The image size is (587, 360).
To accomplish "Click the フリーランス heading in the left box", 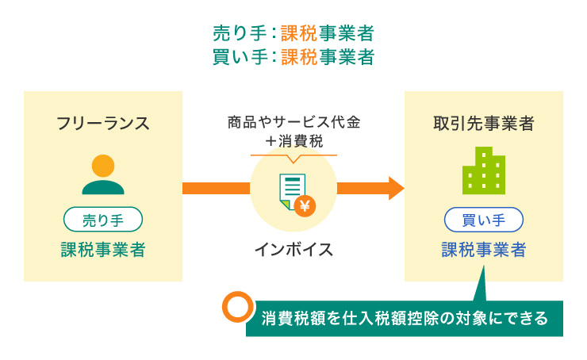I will coord(102,123).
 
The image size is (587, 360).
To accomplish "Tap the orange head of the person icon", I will coord(102,166).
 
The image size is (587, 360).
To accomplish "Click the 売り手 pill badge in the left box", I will coord(102,218).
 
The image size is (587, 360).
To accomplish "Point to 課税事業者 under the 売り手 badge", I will coord(102,250).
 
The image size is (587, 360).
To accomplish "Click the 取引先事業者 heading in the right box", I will coord(483,123).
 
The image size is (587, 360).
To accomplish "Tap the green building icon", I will coord(483,170).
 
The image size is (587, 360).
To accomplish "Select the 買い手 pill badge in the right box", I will coord(483,218).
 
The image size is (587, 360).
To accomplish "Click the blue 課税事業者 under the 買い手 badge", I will coord(483,250).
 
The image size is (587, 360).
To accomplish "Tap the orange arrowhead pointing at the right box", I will coord(395,188).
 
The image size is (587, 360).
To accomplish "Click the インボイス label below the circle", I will coord(293,250).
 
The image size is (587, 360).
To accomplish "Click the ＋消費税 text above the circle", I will coord(293,141).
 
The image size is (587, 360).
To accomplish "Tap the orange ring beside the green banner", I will coord(236,308).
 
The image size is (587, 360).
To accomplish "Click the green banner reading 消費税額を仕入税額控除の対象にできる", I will coord(405,319).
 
